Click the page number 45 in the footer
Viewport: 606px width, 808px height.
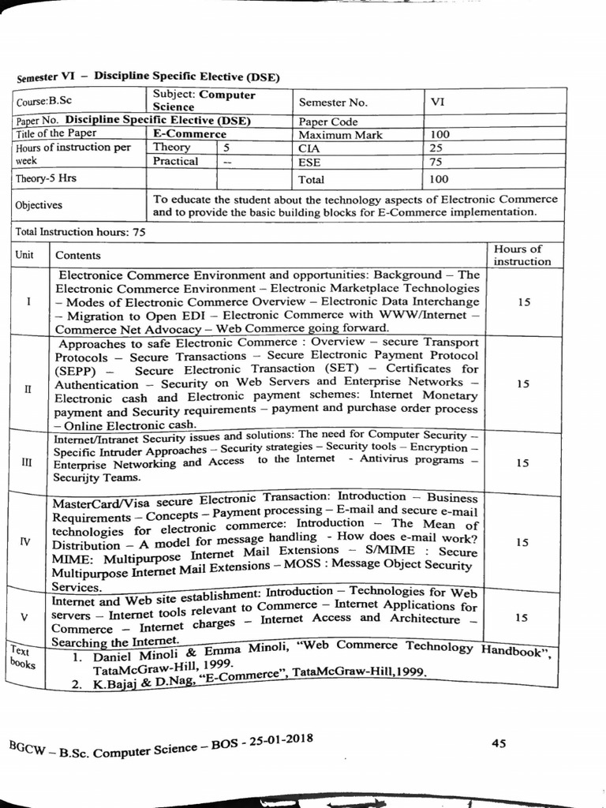[498, 743]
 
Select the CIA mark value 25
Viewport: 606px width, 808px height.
[437, 148]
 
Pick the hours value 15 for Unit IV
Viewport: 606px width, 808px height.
[522, 542]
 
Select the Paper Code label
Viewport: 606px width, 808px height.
[328, 122]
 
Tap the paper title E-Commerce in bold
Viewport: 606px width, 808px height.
[189, 134]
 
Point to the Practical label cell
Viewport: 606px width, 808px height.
[175, 161]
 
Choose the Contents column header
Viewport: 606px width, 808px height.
[78, 255]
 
